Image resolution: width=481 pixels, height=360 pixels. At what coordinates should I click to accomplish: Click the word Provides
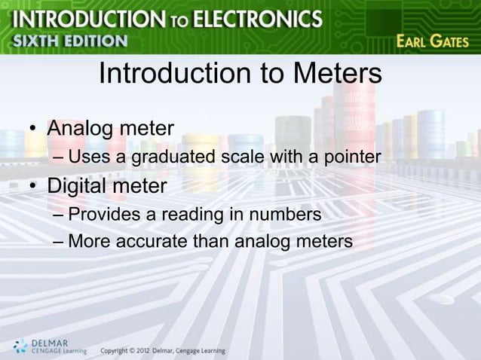click(x=105, y=215)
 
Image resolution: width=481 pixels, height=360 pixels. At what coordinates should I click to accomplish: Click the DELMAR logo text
click(x=51, y=343)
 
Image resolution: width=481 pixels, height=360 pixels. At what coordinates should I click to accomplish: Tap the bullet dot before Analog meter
click(x=34, y=128)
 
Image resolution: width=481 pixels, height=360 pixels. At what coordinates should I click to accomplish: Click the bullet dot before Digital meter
click(x=34, y=186)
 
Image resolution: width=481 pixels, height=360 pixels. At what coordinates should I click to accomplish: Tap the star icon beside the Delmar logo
click(x=20, y=347)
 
